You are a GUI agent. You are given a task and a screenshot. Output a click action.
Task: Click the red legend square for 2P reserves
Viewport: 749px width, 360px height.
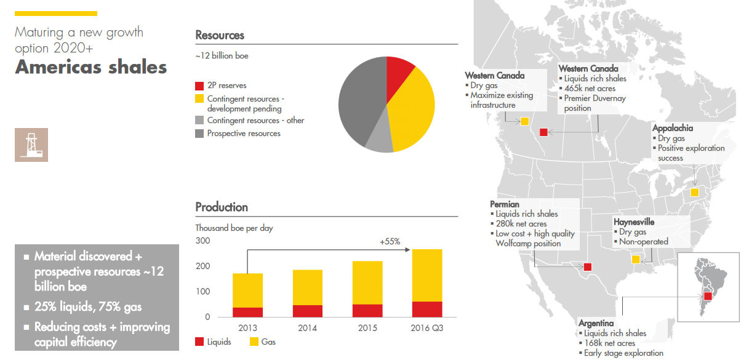click(x=199, y=86)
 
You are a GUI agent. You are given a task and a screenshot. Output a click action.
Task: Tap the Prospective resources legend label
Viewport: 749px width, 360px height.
click(x=243, y=134)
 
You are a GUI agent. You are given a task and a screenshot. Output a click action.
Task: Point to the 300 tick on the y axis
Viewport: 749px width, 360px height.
click(x=202, y=241)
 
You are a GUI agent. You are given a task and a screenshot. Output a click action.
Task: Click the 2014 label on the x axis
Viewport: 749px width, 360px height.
click(x=307, y=329)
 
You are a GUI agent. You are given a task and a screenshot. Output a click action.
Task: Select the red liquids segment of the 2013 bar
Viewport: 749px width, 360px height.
click(x=247, y=312)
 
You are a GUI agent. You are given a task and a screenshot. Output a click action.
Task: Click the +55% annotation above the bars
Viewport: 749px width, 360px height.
click(x=390, y=241)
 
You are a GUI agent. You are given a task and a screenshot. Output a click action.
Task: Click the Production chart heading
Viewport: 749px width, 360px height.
click(x=222, y=207)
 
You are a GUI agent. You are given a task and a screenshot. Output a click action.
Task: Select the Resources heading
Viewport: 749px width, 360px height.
click(x=220, y=36)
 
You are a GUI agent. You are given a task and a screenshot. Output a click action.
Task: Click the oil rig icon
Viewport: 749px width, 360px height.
click(x=31, y=145)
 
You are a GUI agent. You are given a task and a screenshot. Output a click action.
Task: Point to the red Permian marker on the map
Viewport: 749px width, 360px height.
click(x=588, y=267)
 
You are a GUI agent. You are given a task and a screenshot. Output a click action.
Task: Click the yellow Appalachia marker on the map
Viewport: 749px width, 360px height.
click(x=694, y=193)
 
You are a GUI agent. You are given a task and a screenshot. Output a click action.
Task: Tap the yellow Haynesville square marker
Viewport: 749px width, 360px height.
click(x=636, y=260)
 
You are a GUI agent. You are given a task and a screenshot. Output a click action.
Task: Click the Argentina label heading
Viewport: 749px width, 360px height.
click(x=596, y=323)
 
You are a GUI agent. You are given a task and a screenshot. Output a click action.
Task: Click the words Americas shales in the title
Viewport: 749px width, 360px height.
click(x=91, y=67)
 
